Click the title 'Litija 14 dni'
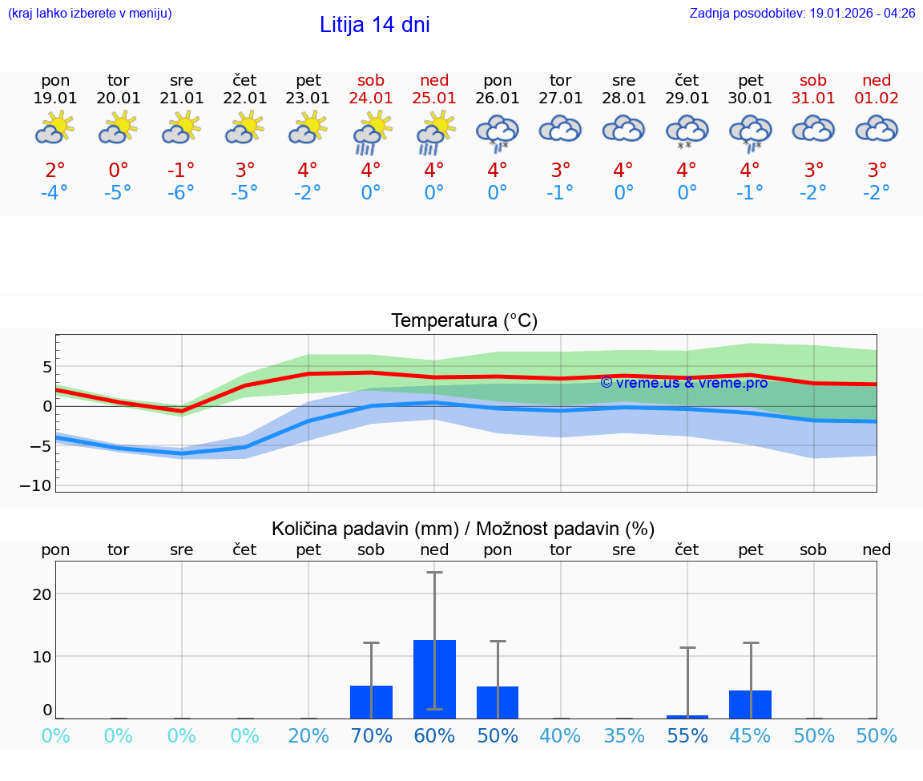[374, 25]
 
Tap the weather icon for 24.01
[371, 133]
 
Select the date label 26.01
[498, 98]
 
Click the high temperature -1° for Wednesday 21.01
[182, 170]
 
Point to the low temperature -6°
[182, 193]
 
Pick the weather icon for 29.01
[687, 132]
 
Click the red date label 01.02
[877, 98]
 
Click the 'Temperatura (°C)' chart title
[464, 321]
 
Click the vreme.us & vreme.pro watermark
[683, 382]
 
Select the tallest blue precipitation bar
[434, 678]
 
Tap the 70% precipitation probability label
[371, 735]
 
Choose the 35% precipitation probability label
[624, 735]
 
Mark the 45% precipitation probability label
[750, 735]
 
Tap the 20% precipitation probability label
[308, 735]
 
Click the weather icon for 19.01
[55, 129]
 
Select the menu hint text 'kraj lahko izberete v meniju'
[90, 14]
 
